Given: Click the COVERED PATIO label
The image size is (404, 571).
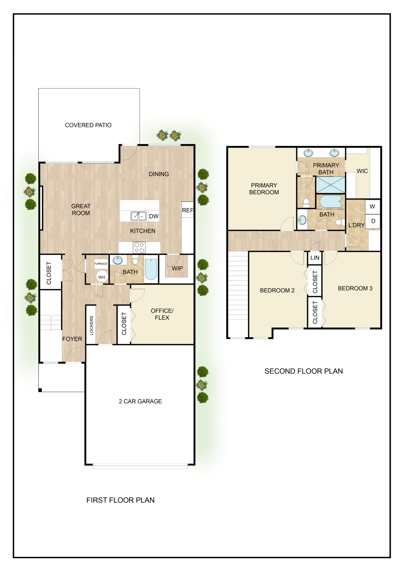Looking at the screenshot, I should pyautogui.click(x=88, y=125).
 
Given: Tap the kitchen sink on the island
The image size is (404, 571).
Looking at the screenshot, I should pyautogui.click(x=139, y=216).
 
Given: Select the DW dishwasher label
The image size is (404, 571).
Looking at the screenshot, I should pyautogui.click(x=154, y=216).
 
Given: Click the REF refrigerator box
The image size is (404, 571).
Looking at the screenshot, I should pyautogui.click(x=187, y=210).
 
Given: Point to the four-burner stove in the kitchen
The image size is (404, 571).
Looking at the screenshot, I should pyautogui.click(x=139, y=248).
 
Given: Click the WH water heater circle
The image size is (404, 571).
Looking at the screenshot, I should pyautogui.click(x=102, y=277).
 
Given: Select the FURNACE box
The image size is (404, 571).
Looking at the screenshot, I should pyautogui.click(x=101, y=263).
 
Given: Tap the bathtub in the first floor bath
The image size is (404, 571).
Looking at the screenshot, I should pyautogui.click(x=151, y=269).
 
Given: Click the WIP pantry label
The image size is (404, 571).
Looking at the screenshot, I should pyautogui.click(x=177, y=268).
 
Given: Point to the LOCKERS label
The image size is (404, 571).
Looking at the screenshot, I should pyautogui.click(x=91, y=325).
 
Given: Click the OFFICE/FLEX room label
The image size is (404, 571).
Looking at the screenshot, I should pyautogui.click(x=162, y=314).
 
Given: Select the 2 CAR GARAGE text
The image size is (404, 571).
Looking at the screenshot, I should pyautogui.click(x=140, y=401).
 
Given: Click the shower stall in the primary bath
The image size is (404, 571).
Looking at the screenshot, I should pyautogui.click(x=330, y=185).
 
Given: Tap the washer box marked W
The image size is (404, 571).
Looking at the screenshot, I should pyautogui.click(x=372, y=207).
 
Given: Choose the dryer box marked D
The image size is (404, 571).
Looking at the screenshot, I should pyautogui.click(x=373, y=221).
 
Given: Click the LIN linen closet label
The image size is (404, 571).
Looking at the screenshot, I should pyautogui.click(x=315, y=258).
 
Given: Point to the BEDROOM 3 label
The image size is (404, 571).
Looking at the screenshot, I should pyautogui.click(x=355, y=288).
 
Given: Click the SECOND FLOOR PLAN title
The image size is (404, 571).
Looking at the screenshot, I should pyautogui.click(x=304, y=371).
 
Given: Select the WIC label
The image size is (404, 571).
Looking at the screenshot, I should pyautogui.click(x=362, y=171).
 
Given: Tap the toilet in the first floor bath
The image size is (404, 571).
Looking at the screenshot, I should pyautogui.click(x=135, y=260).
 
